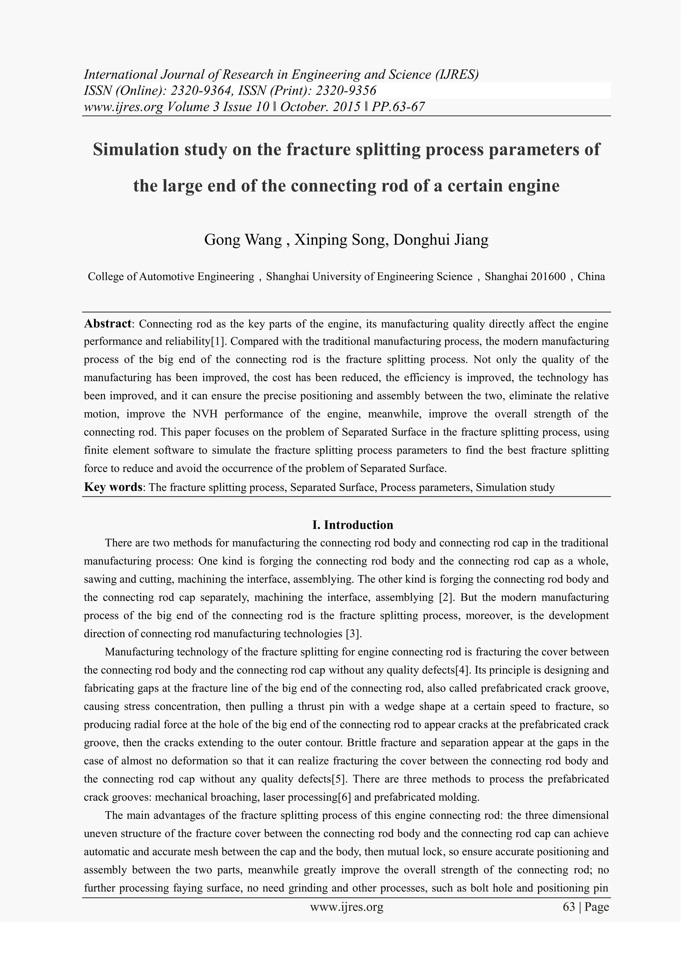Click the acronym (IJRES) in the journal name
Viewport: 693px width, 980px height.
456,75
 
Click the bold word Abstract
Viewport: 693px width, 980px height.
108,324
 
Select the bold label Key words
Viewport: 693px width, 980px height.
113,487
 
